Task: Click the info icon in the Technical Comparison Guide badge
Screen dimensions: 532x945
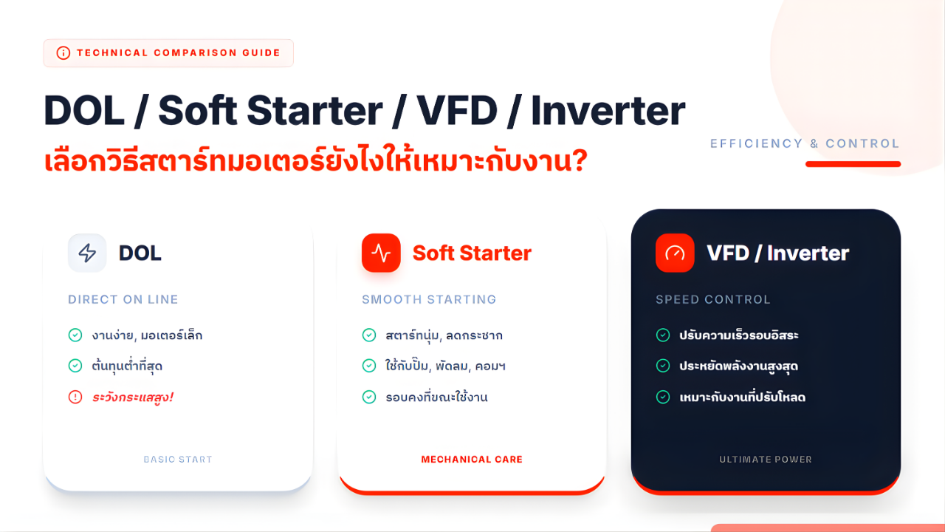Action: (x=63, y=53)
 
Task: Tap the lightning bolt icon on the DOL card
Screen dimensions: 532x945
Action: (x=87, y=253)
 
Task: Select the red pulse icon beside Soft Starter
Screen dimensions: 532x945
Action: (x=381, y=253)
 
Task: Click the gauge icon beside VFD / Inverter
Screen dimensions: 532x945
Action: (x=675, y=253)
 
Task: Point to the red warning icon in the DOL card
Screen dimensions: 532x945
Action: (x=75, y=397)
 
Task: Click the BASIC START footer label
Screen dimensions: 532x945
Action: (x=178, y=460)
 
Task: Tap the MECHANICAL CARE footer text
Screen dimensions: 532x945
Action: (x=472, y=460)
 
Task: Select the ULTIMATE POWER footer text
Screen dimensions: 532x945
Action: (x=766, y=460)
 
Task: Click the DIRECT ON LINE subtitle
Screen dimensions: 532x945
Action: (x=123, y=299)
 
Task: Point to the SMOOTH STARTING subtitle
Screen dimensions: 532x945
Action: (x=429, y=299)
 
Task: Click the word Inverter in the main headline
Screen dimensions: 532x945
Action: (x=608, y=111)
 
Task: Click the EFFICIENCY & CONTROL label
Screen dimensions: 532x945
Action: (x=805, y=143)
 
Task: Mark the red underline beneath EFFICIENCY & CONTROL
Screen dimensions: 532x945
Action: (x=853, y=164)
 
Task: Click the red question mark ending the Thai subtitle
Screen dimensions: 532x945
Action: (x=579, y=160)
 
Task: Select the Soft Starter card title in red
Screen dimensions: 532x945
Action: (x=472, y=253)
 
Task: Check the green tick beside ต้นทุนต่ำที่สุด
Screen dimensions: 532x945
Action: (x=75, y=366)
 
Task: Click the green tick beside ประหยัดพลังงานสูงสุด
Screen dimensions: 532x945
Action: (x=663, y=366)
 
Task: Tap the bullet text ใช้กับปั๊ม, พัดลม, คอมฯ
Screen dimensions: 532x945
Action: (x=445, y=366)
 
